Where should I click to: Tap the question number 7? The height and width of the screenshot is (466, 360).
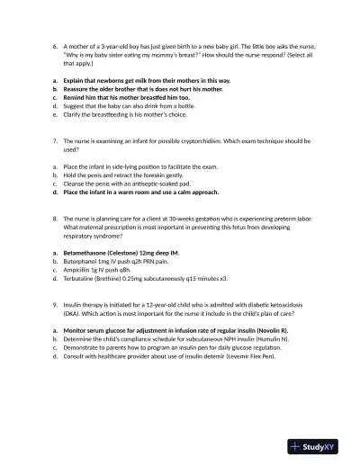click(55, 142)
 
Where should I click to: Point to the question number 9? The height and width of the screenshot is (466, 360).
click(55, 305)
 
